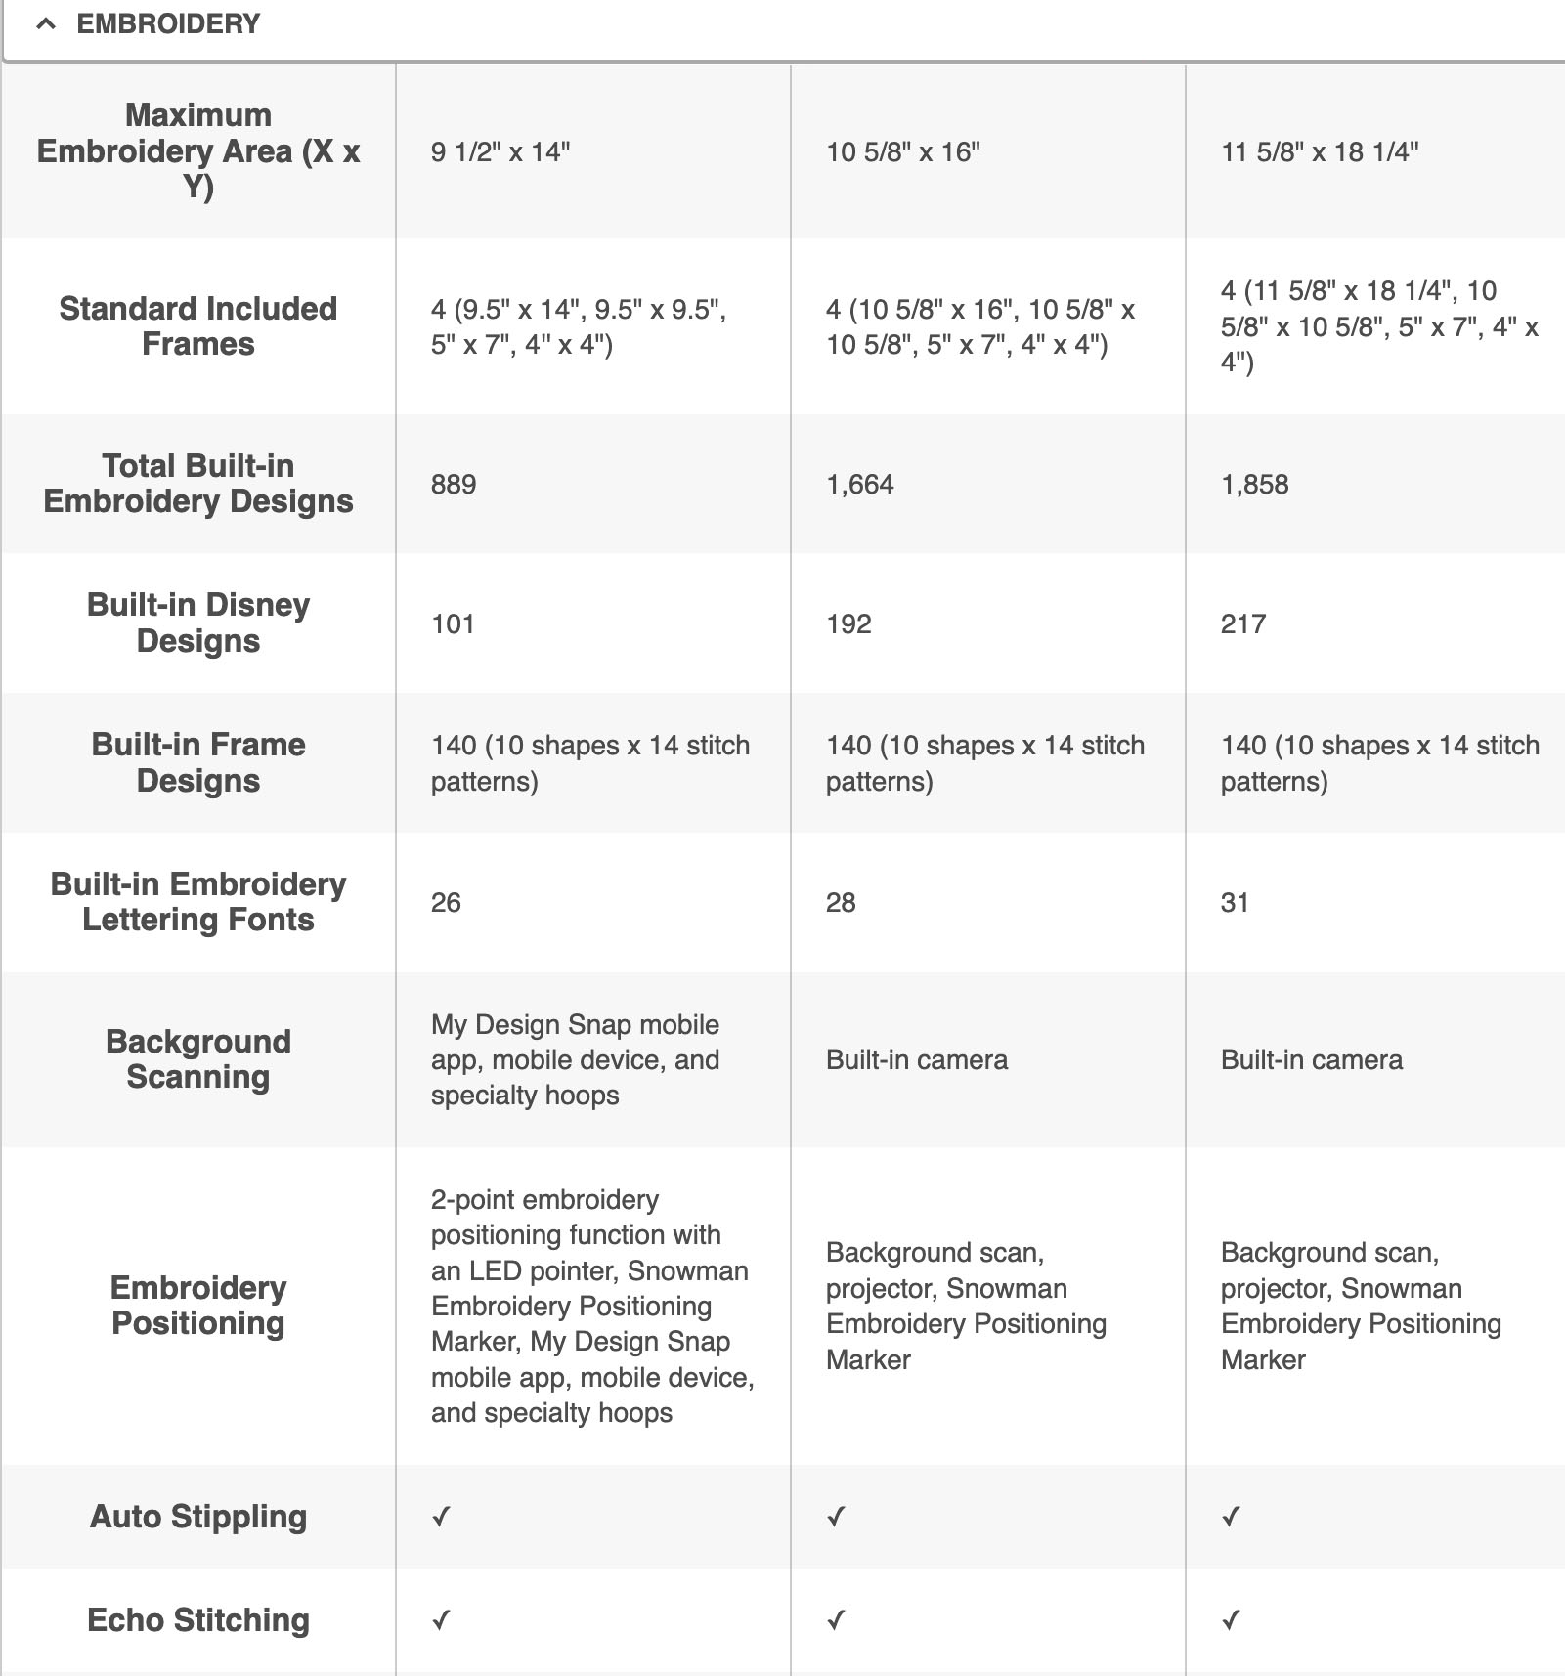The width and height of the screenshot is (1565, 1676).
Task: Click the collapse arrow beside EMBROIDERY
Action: [x=45, y=24]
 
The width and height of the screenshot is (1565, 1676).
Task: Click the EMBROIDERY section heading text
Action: [x=168, y=24]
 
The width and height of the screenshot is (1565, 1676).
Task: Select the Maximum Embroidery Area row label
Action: [x=198, y=150]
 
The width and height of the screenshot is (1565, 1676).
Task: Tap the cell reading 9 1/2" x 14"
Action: [x=500, y=151]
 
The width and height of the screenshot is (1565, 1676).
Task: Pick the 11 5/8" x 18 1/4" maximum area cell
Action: [x=1320, y=151]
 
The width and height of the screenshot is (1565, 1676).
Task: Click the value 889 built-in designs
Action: [x=454, y=485]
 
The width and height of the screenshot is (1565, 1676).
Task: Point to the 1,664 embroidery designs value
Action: [x=860, y=485]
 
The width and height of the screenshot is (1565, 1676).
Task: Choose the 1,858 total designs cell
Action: [x=1255, y=485]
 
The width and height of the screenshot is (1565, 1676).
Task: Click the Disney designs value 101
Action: [x=453, y=624]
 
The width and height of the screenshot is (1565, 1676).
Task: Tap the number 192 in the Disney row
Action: [x=848, y=624]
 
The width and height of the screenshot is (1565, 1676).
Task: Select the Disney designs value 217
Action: [x=1243, y=624]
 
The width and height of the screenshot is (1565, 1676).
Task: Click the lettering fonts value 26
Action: [x=446, y=903]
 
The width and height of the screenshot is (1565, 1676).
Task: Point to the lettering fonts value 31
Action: [x=1235, y=903]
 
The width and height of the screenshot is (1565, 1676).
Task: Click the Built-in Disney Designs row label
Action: [x=198, y=623]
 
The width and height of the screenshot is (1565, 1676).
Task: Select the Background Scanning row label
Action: [x=198, y=1059]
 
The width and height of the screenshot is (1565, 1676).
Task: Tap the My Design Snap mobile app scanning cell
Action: [x=576, y=1060]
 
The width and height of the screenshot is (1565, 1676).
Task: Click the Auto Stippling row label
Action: [x=198, y=1517]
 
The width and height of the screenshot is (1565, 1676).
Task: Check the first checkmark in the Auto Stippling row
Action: [x=442, y=1517]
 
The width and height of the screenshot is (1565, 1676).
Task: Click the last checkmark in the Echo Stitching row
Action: [x=1231, y=1620]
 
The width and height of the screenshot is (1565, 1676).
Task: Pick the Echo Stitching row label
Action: [x=198, y=1620]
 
